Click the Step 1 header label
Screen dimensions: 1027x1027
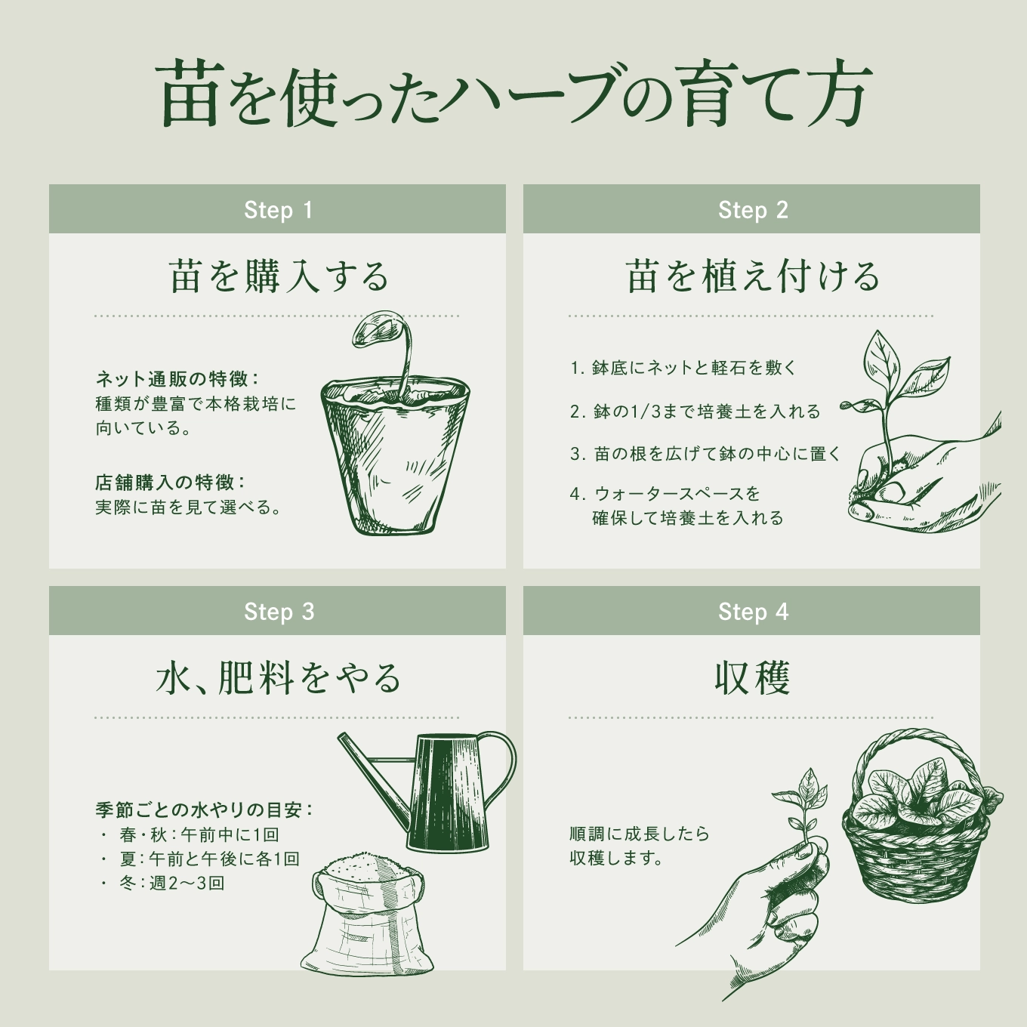pyautogui.click(x=278, y=210)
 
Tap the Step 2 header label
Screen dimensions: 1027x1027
pyautogui.click(x=753, y=210)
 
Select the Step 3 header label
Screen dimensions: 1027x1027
pyautogui.click(x=279, y=612)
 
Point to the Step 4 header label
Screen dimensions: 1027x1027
pyautogui.click(x=753, y=612)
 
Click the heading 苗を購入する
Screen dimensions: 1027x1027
pyautogui.click(x=279, y=276)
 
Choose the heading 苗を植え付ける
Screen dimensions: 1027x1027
pyautogui.click(x=752, y=276)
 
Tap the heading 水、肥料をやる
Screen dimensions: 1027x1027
pyautogui.click(x=278, y=678)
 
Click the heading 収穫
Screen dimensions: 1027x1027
pyautogui.click(x=752, y=678)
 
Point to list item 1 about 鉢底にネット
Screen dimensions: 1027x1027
pyautogui.click(x=683, y=368)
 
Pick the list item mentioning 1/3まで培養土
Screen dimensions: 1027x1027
pyautogui.click(x=695, y=412)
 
